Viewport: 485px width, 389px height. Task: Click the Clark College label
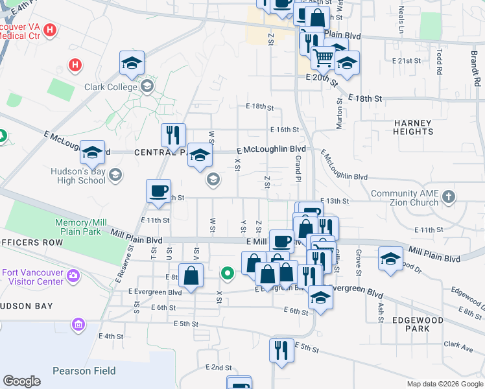[x=111, y=87]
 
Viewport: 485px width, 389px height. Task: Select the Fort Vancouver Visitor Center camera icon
[x=73, y=276]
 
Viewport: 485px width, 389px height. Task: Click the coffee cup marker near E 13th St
[x=158, y=191]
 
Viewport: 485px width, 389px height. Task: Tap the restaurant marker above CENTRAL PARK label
[x=173, y=136]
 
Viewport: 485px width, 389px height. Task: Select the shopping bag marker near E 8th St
[x=193, y=276]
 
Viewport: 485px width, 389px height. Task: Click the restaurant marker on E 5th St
[x=281, y=350]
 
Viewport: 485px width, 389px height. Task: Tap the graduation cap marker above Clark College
[x=132, y=63]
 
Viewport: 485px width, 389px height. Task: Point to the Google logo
[x=21, y=381]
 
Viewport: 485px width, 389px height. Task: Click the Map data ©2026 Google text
[x=444, y=384]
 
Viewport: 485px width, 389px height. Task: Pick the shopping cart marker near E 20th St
[x=323, y=58]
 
